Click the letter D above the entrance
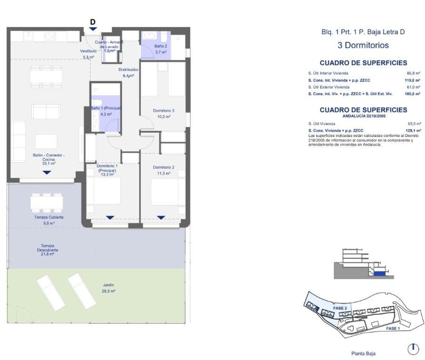click(x=93, y=22)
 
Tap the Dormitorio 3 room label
click(x=163, y=111)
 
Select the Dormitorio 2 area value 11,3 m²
click(x=163, y=173)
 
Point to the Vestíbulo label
click(x=88, y=51)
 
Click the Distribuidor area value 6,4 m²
click(x=128, y=76)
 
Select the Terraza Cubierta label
click(x=49, y=217)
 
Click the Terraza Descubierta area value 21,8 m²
click(x=47, y=254)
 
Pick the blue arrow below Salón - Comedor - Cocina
click(x=47, y=173)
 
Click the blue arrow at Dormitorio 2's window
click(x=161, y=218)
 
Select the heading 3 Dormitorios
click(x=363, y=45)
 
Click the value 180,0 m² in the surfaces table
click(x=412, y=94)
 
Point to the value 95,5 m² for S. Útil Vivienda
click(x=414, y=124)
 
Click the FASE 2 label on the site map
click(x=339, y=308)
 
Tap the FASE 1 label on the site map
click(x=393, y=328)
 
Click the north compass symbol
click(x=413, y=349)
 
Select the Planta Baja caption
click(x=363, y=353)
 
